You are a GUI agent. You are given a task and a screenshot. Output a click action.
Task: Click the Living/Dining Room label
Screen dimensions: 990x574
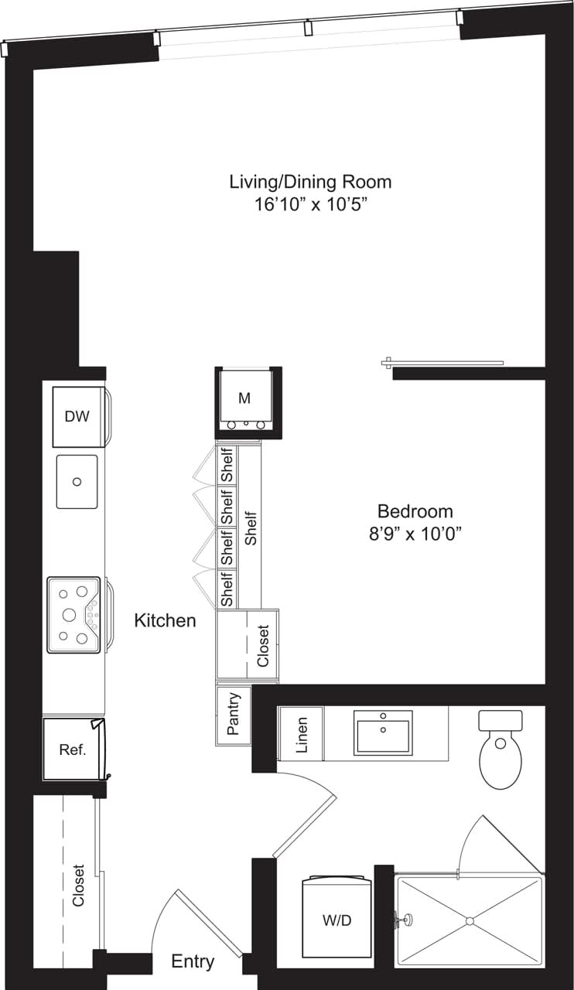coord(310,182)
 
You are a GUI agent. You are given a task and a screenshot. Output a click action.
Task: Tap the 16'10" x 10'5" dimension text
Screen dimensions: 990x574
coord(310,205)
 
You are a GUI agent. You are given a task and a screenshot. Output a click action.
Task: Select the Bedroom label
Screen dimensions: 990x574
coord(415,511)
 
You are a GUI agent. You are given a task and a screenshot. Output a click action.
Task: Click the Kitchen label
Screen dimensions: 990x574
coord(165,620)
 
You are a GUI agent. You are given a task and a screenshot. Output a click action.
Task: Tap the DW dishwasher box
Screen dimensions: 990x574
coord(77,417)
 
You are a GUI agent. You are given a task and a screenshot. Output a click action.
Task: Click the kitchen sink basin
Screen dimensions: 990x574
coord(77,481)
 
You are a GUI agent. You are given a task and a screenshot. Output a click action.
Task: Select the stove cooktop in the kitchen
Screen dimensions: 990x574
coord(74,615)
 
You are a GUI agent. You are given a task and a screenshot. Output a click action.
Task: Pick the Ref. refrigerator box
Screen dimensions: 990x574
coord(72,749)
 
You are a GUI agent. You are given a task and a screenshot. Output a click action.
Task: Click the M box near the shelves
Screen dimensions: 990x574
coord(244,399)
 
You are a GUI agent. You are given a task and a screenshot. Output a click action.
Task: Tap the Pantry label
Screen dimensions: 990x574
coord(234,715)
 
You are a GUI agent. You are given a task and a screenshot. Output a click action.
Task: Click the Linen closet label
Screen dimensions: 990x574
coord(302,734)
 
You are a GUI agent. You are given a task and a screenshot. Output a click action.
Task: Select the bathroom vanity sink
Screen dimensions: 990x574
coord(383,732)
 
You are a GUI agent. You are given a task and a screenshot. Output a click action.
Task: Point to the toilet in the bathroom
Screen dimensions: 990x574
coord(500,750)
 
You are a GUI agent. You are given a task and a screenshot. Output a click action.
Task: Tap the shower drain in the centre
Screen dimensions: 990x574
coord(468,920)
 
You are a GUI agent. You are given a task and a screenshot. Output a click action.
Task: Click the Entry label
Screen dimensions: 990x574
coord(193,961)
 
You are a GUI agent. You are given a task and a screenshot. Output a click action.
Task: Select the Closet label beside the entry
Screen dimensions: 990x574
coord(78,886)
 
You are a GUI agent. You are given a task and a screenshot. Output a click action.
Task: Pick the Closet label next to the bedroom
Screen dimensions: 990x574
coord(263,646)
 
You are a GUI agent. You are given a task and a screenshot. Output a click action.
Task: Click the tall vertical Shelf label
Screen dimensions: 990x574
coord(250,528)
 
